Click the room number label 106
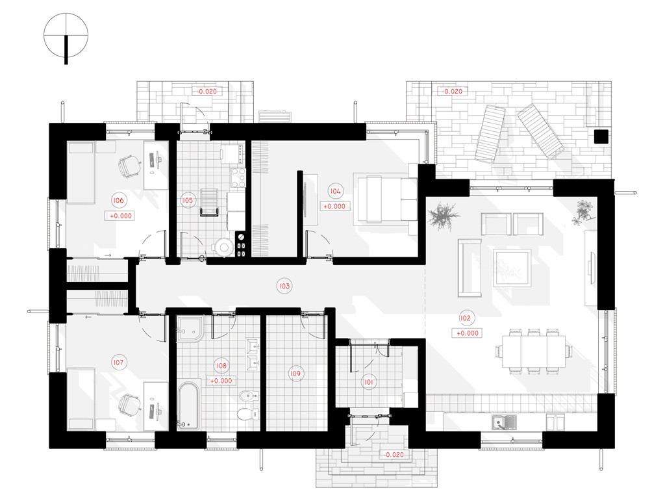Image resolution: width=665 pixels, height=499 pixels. pyautogui.click(x=118, y=200)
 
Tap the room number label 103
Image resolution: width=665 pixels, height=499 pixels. pyautogui.click(x=284, y=286)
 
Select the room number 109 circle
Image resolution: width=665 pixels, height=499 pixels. pyautogui.click(x=295, y=374)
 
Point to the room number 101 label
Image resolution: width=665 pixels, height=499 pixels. pyautogui.click(x=369, y=382)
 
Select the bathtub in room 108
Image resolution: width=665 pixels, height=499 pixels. pyautogui.click(x=188, y=405)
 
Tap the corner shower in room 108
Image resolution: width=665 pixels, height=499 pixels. pyautogui.click(x=191, y=328)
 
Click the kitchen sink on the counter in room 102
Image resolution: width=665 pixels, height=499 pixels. pyautogui.click(x=504, y=422)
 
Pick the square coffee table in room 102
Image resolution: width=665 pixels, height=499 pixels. pyautogui.click(x=512, y=268)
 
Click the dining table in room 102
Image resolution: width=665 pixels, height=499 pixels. pyautogui.click(x=534, y=352)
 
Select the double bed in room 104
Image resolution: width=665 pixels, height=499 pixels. pyautogui.click(x=385, y=199)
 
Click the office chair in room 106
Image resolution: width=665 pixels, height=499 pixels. pyautogui.click(x=129, y=166)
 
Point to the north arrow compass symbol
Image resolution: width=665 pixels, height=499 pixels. pyautogui.click(x=66, y=36)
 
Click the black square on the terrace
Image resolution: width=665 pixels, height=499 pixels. pyautogui.click(x=601, y=136)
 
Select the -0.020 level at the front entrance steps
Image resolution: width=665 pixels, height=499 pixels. pyautogui.click(x=394, y=454)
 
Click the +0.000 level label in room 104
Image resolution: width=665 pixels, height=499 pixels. pyautogui.click(x=334, y=206)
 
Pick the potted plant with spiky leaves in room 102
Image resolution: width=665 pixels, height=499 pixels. pyautogui.click(x=443, y=216)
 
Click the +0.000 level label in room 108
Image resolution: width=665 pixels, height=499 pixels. pyautogui.click(x=221, y=381)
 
